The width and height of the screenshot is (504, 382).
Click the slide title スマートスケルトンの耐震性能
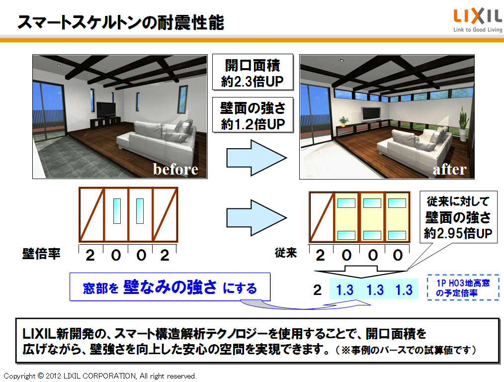121,23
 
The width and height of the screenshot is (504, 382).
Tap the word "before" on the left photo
175,169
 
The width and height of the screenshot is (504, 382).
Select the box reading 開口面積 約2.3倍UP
252,72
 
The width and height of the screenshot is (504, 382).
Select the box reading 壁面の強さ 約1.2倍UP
252,115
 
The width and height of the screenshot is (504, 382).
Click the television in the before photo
106,110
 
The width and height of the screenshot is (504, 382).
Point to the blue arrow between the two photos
256,158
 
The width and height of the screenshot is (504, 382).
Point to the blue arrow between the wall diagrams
256,218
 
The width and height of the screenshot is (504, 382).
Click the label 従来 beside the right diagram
286,253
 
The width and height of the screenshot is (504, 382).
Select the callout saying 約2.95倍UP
458,217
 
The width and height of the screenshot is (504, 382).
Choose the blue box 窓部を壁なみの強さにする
170,287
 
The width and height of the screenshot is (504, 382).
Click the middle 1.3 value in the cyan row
375,290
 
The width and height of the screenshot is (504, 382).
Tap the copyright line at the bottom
100,376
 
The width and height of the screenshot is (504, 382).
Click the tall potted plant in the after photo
462,124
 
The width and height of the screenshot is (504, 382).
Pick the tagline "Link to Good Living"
478,29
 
